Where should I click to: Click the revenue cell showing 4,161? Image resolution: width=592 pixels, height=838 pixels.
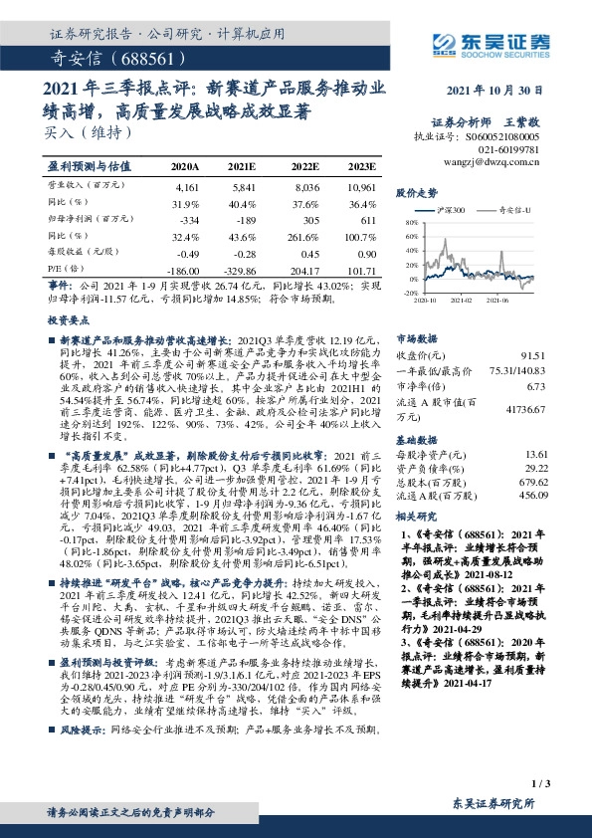[x=186, y=186]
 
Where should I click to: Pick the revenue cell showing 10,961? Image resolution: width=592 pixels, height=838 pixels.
[x=362, y=186]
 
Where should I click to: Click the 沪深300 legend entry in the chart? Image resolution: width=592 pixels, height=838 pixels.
[x=452, y=211]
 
